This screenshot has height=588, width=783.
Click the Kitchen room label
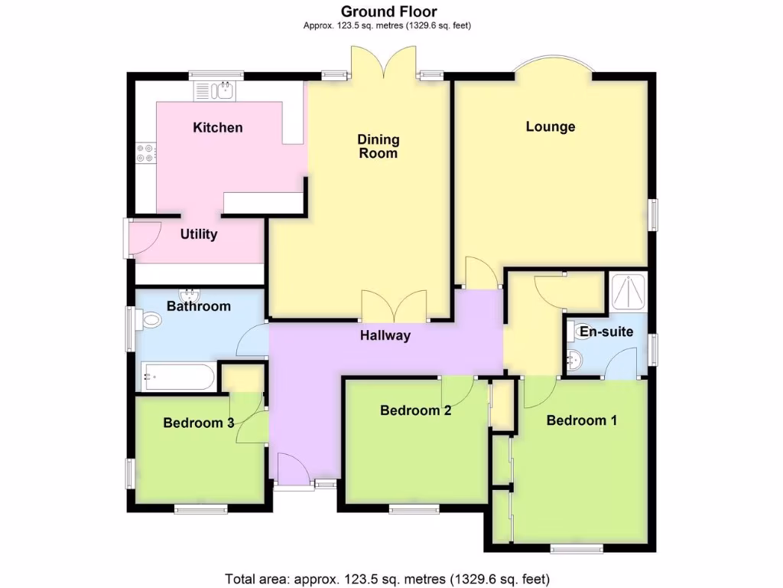click(x=218, y=127)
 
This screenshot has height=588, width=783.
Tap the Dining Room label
click(x=379, y=146)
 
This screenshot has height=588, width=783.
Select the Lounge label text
click(x=551, y=126)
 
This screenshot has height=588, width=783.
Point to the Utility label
click(x=199, y=234)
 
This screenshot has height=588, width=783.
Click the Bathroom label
click(x=199, y=306)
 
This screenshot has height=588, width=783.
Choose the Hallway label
click(x=386, y=335)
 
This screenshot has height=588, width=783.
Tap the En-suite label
click(x=606, y=332)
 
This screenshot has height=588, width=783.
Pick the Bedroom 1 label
click(x=582, y=420)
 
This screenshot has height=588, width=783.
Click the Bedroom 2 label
click(x=416, y=410)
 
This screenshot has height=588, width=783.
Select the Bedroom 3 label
click(x=199, y=423)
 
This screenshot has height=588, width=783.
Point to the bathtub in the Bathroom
click(x=177, y=376)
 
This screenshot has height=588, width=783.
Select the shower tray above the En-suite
click(x=626, y=291)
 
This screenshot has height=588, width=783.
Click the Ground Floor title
click(x=388, y=11)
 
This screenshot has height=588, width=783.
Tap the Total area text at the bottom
click(x=387, y=578)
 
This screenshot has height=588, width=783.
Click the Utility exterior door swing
click(x=144, y=237)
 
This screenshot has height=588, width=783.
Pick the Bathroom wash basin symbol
click(x=188, y=295)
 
